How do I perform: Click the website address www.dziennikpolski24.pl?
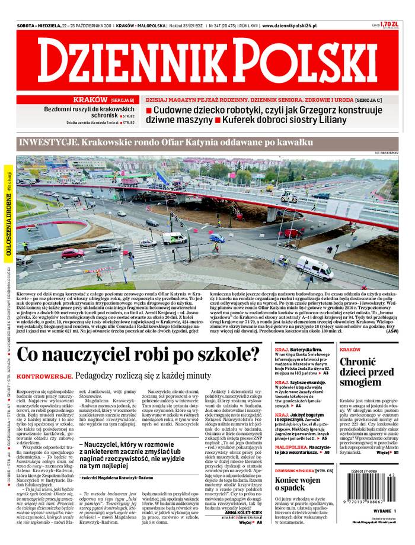(x=289, y=26)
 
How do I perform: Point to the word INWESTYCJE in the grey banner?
(x=47, y=143)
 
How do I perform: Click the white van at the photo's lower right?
(x=315, y=268)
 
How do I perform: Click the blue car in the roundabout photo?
(x=217, y=238)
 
